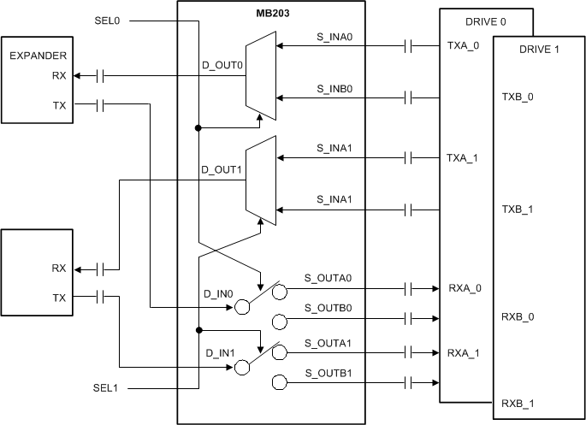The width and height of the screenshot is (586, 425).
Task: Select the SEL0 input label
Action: [106, 19]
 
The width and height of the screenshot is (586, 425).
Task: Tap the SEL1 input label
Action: [106, 388]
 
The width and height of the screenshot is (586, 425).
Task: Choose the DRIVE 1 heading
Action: [539, 50]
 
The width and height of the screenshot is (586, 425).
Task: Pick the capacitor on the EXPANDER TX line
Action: [99, 105]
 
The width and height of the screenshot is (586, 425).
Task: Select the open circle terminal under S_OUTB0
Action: [279, 322]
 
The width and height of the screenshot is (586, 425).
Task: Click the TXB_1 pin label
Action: [518, 209]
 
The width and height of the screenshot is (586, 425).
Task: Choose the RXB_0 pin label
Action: [518, 316]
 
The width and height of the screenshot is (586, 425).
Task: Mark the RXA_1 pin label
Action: [464, 352]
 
